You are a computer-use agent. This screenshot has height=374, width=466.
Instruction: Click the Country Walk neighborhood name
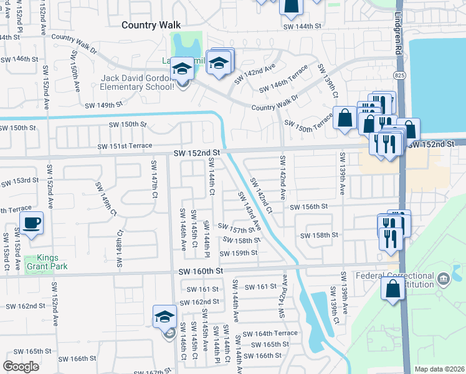point(150,25)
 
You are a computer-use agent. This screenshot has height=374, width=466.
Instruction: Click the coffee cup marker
point(31,223)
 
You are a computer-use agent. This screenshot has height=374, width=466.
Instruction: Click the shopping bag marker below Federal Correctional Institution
point(392,289)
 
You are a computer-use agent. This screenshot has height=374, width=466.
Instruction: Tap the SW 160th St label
point(201,272)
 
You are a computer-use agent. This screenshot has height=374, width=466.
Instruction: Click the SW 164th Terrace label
point(270,333)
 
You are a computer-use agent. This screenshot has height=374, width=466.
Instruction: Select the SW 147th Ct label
point(153,178)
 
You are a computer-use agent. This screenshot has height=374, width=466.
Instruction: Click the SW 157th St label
point(235,229)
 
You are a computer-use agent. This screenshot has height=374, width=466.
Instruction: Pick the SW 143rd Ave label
point(247,213)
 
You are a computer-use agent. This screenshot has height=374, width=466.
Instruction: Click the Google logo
point(21,367)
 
